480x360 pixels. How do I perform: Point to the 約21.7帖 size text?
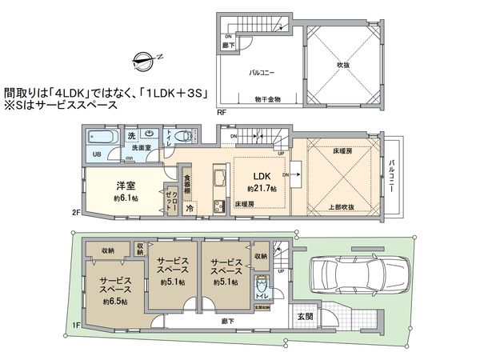click(x=261, y=188)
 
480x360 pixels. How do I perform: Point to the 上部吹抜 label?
click(x=343, y=206)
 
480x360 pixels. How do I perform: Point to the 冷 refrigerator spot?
click(x=190, y=207)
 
